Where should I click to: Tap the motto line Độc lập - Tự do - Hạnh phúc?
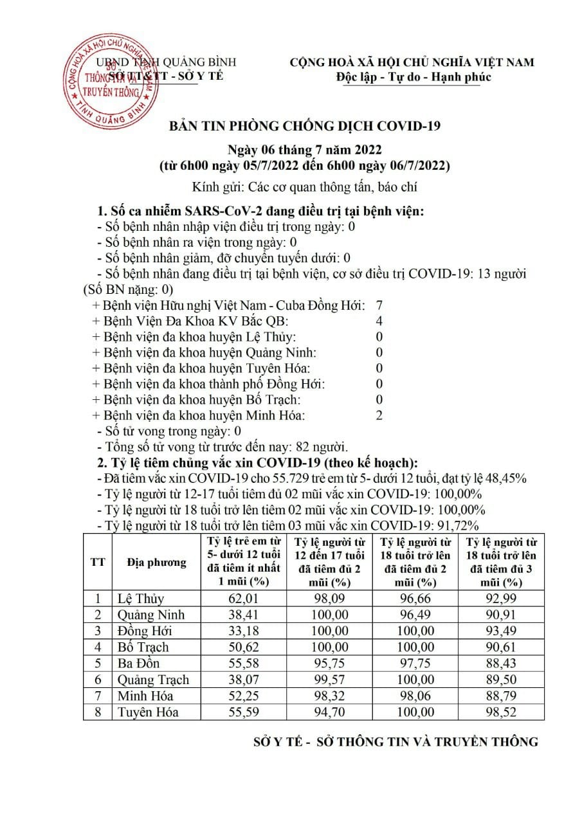[414, 77]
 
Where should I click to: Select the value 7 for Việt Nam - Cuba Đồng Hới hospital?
[379, 305]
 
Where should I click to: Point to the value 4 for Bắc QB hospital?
[379, 321]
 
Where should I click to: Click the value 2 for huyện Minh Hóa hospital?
[379, 415]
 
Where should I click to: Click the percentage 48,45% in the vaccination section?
[505, 478]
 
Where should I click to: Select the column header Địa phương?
[157, 563]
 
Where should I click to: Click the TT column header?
[98, 563]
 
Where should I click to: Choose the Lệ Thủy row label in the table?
[140, 599]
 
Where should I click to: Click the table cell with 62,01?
[243, 599]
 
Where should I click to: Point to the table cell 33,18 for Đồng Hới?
[243, 631]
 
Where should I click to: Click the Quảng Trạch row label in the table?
[153, 680]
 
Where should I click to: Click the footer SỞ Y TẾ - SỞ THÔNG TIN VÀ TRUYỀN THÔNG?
[396, 742]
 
